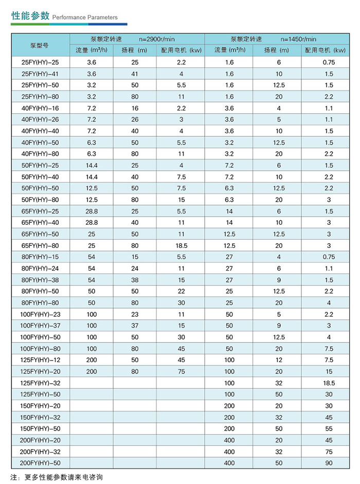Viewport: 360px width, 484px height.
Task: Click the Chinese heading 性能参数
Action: coord(30,15)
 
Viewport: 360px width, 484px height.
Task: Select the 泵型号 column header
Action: coord(39,45)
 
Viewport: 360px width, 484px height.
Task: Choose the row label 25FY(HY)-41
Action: coord(39,74)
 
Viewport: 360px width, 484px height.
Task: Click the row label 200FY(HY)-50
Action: coord(39,463)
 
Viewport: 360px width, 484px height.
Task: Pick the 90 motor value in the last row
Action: coord(329,463)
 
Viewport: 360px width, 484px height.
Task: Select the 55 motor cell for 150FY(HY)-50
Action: coord(329,428)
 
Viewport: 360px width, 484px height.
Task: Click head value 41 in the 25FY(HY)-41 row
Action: coord(135,74)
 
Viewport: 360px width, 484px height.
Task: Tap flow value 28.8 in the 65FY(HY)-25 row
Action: coord(92,211)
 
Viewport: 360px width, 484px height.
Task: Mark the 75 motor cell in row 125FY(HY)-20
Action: coord(181,371)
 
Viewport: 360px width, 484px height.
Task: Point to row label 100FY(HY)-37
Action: coord(39,326)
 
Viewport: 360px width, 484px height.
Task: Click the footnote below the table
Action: coord(57,477)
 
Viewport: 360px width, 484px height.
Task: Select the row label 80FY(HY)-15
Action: coord(39,257)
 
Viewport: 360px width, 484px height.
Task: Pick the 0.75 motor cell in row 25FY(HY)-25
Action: coord(329,62)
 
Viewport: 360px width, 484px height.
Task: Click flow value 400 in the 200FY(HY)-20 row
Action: coord(229,440)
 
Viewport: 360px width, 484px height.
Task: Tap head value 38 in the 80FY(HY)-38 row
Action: coord(135,280)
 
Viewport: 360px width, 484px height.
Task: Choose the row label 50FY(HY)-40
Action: coord(39,176)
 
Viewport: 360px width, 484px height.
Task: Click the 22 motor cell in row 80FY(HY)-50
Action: coord(181,291)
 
